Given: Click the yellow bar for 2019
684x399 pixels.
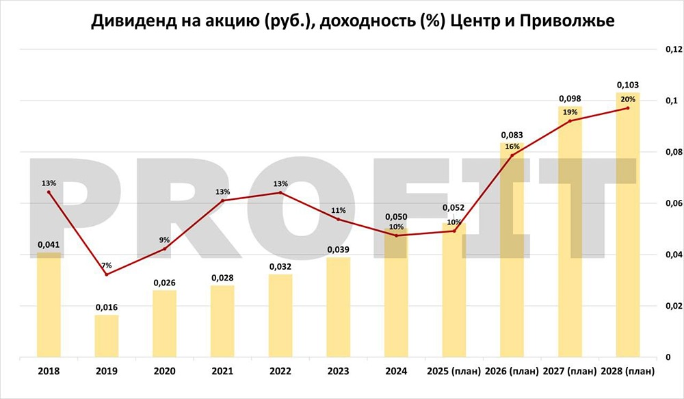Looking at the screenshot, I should [106, 336].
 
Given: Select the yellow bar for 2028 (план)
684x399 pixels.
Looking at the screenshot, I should [627, 226].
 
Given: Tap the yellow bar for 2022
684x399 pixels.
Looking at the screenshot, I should [280, 316].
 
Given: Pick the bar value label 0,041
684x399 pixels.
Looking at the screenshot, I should [49, 244].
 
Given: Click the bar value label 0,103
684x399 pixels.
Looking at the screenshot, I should [627, 85].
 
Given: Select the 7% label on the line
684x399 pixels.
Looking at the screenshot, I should [106, 265].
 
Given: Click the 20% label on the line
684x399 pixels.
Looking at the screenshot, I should [627, 99].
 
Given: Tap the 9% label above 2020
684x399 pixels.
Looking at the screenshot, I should [164, 240].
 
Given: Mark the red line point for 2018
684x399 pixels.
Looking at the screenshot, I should [49, 192].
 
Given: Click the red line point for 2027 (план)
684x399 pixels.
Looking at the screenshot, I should [570, 121].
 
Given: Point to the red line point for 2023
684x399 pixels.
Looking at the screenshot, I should [339, 219].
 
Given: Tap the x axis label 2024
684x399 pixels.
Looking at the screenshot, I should [396, 372].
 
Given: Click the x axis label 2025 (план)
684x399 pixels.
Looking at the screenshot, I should [453, 372].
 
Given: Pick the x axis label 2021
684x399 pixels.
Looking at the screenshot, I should [222, 372].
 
